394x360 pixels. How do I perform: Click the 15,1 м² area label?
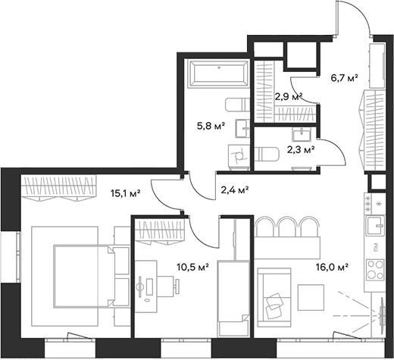[125, 193]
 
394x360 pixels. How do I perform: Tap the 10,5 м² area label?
[193, 267]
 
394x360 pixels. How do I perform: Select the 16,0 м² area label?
[333, 267]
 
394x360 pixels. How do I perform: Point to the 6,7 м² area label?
[345, 78]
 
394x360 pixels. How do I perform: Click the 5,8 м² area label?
[211, 126]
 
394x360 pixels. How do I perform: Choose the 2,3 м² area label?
[301, 150]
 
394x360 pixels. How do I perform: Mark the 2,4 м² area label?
[235, 189]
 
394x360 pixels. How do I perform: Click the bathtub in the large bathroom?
[219, 74]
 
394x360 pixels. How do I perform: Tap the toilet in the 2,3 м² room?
[267, 155]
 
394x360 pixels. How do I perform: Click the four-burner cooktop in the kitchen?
[375, 270]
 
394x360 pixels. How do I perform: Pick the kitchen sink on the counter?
[376, 226]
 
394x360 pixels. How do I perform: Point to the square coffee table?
[311, 297]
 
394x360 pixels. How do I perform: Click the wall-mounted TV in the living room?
[383, 311]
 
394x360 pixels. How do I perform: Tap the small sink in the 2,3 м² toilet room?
[302, 134]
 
